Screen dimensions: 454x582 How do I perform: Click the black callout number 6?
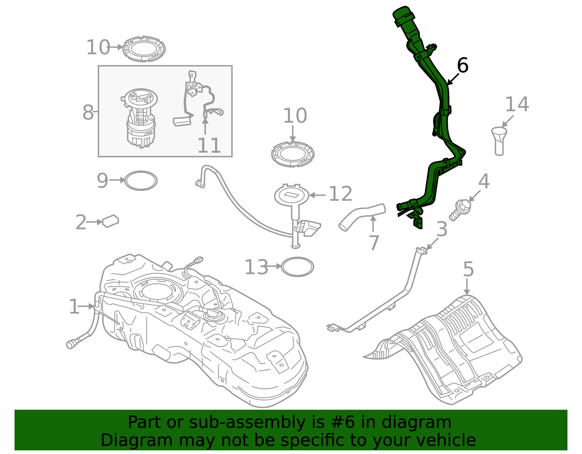pyautogui.click(x=462, y=66)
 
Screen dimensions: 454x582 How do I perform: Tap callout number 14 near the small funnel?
pyautogui.click(x=517, y=105)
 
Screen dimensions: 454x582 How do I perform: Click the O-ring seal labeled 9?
pyautogui.click(x=141, y=181)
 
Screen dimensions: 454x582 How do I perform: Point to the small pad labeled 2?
pyautogui.click(x=111, y=221)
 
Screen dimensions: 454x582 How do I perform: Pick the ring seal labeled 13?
pyautogui.click(x=297, y=267)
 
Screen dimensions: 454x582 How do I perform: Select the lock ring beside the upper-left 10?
pyautogui.click(x=144, y=49)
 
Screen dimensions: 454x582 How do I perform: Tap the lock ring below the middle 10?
pyautogui.click(x=293, y=154)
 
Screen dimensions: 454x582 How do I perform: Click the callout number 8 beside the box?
pyautogui.click(x=88, y=112)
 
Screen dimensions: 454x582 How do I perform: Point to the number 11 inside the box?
pyautogui.click(x=209, y=146)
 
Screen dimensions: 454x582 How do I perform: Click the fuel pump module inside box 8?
pyautogui.click(x=141, y=118)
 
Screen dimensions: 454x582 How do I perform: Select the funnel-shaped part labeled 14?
pyautogui.click(x=499, y=140)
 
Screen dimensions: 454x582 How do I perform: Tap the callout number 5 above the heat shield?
pyautogui.click(x=468, y=270)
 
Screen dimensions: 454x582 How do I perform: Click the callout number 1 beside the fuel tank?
pyautogui.click(x=74, y=307)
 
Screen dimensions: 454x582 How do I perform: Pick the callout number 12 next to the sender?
pyautogui.click(x=340, y=194)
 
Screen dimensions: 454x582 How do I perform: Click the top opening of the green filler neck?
pyautogui.click(x=403, y=14)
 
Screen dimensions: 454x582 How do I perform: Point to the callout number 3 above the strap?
pyautogui.click(x=442, y=229)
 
